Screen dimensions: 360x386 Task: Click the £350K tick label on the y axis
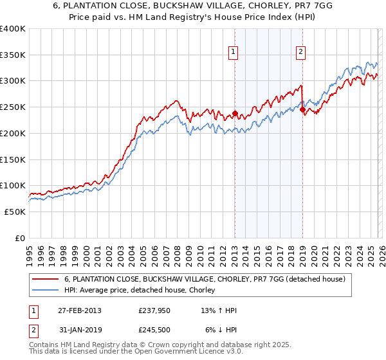[x=13, y=55]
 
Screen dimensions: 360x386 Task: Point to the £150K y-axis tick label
[x=13, y=159]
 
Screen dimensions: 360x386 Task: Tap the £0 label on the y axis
[x=19, y=238]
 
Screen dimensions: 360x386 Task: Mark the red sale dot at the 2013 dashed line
[x=235, y=114]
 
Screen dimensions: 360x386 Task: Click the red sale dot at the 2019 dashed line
[x=302, y=110]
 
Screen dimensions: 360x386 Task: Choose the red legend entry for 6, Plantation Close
[x=205, y=279]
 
